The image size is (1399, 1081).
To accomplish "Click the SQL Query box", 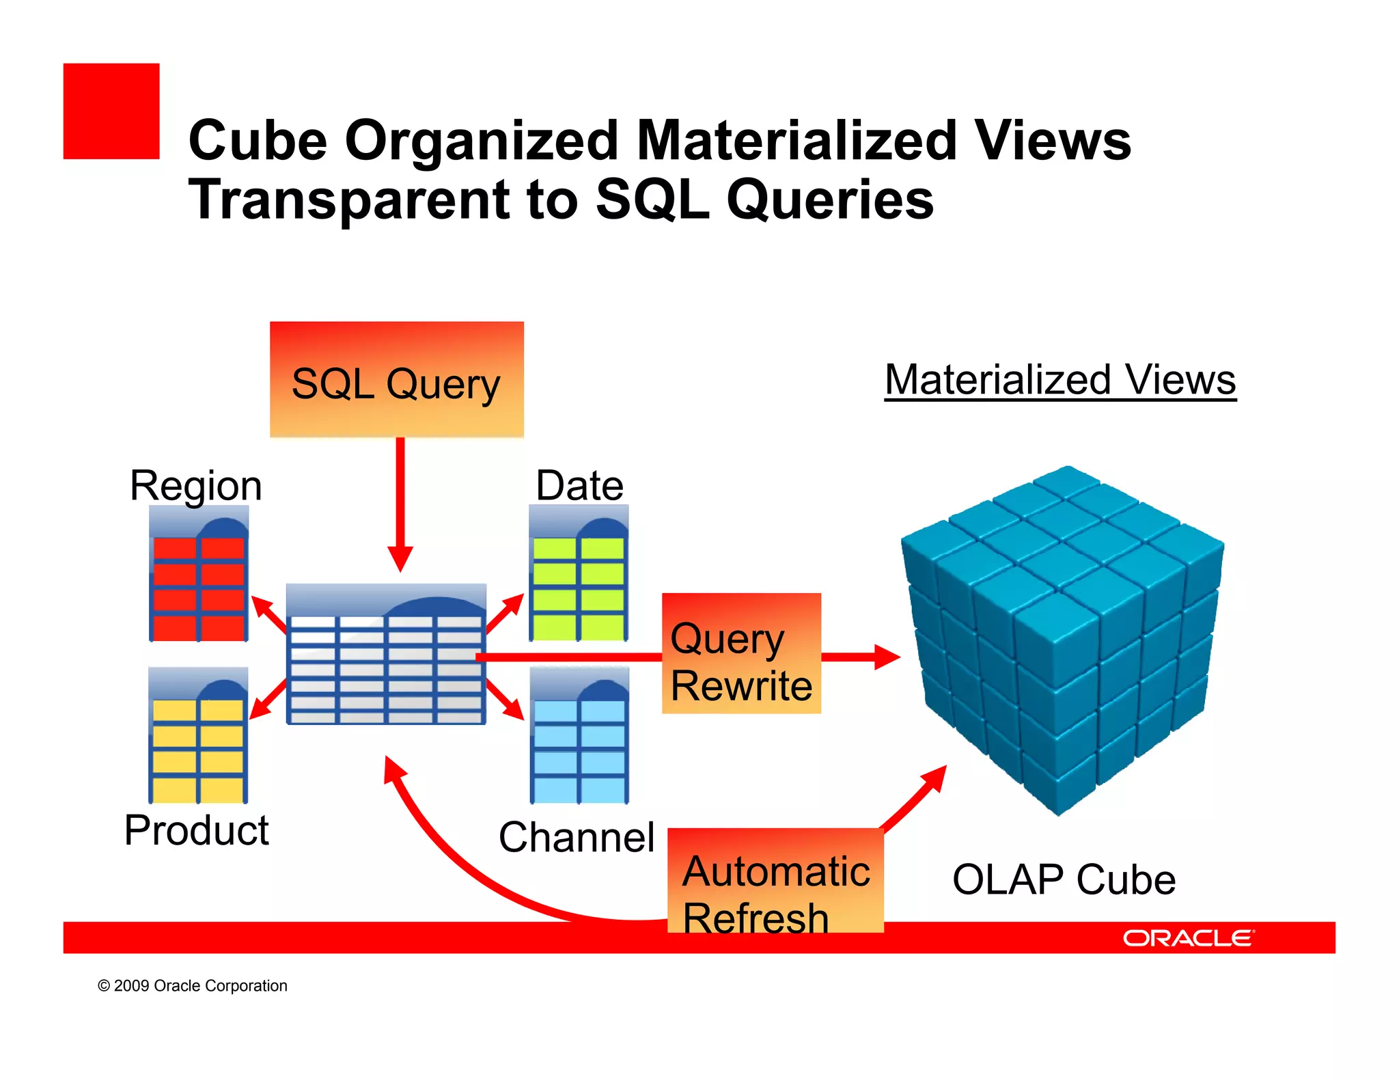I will coord(396,380).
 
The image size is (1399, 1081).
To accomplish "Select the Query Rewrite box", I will coord(741,654).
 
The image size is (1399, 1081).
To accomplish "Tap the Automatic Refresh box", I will coord(775,881).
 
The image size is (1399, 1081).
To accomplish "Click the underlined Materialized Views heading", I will coord(1059,380).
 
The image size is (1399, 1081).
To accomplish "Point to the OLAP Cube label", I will coord(1064,880).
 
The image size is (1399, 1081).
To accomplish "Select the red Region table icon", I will coord(198,574).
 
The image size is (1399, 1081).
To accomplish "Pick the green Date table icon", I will coord(579,574).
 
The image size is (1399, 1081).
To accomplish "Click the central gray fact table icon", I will coord(386,655).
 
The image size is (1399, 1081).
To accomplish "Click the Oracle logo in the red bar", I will coord(1188,938).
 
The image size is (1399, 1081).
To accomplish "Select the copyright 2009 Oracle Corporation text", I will coord(193,986).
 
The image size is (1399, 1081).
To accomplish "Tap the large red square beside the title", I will coord(111,111).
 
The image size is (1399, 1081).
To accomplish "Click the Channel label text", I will coord(577,838).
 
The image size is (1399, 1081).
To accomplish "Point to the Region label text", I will coord(196,487).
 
